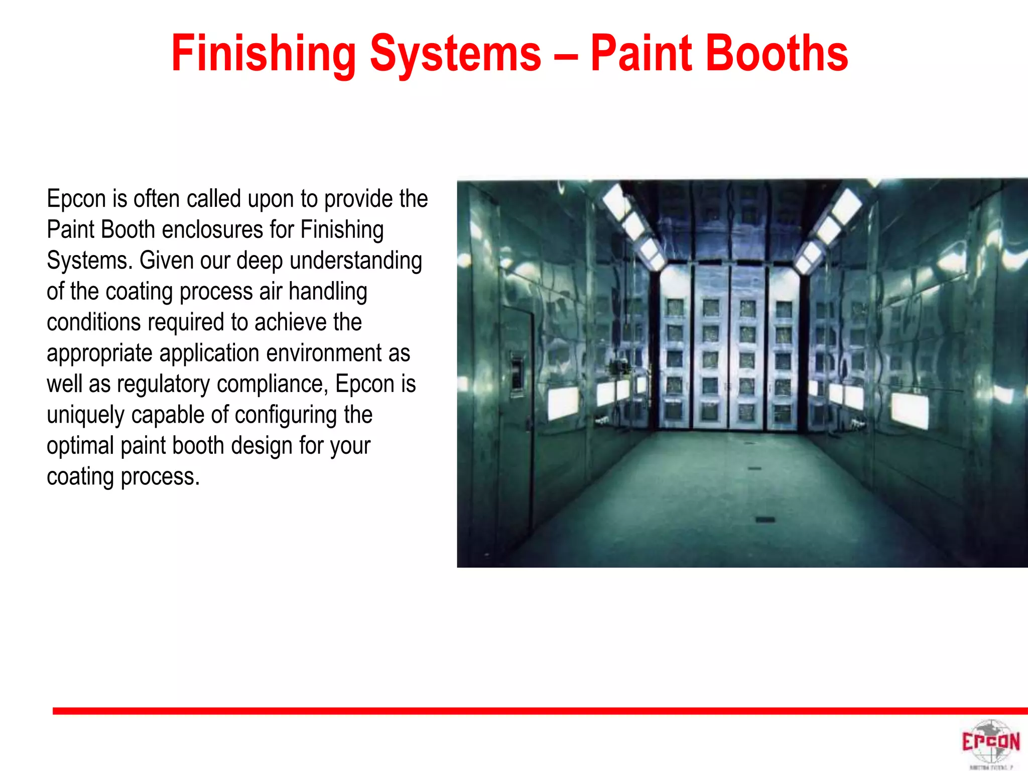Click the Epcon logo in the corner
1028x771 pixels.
click(990, 742)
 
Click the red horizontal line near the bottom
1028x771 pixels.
click(540, 711)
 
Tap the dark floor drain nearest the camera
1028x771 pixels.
click(765, 520)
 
